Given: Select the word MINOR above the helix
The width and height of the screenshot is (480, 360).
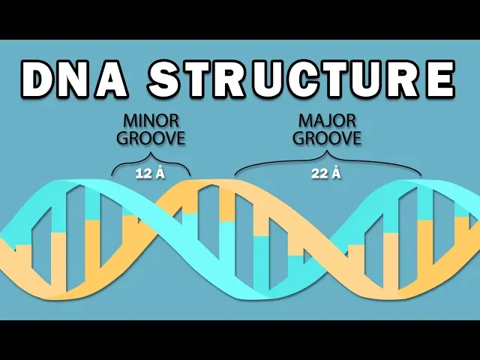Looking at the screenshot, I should pos(151,122).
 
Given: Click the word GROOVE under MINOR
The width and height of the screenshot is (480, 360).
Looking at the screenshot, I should pos(151,139).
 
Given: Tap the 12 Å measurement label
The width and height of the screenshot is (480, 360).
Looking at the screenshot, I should pos(151,174).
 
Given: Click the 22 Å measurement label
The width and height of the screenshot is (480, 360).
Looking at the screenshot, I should pos(326,174).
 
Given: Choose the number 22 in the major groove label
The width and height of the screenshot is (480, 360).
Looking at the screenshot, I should pos(319,174).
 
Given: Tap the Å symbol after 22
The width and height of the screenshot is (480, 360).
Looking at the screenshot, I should pos(337,174).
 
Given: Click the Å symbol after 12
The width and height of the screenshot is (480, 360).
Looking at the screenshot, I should pos(160,174).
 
